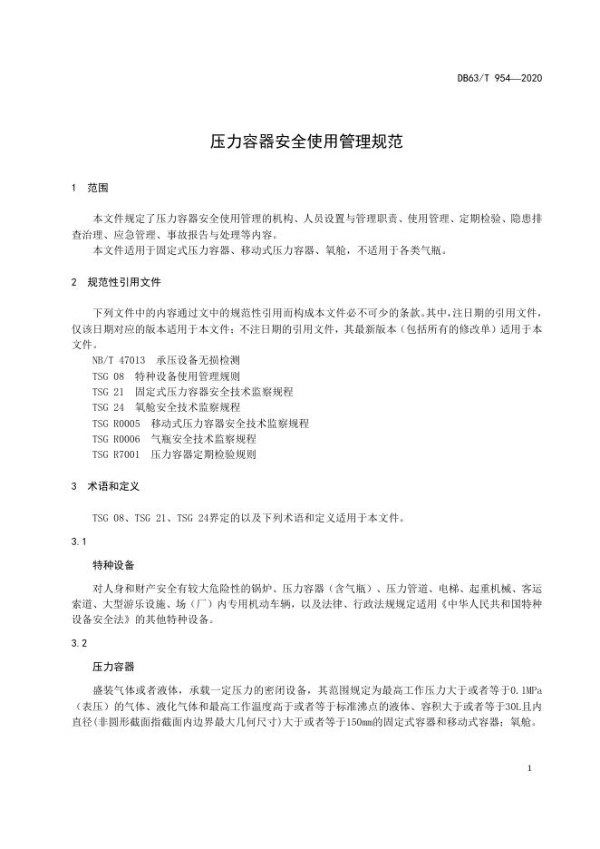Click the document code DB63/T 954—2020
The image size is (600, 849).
499,78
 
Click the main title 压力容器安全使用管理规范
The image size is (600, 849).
299,142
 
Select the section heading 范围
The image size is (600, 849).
98,188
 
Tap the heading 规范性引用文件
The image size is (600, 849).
124,282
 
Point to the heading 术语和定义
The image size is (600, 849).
112,486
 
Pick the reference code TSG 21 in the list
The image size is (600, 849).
109,392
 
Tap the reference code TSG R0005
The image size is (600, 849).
117,423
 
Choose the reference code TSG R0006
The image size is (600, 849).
117,438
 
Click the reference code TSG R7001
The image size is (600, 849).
117,454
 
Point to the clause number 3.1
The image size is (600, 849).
78,542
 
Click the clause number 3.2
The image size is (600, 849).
78,643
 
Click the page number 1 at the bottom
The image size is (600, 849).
528,768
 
